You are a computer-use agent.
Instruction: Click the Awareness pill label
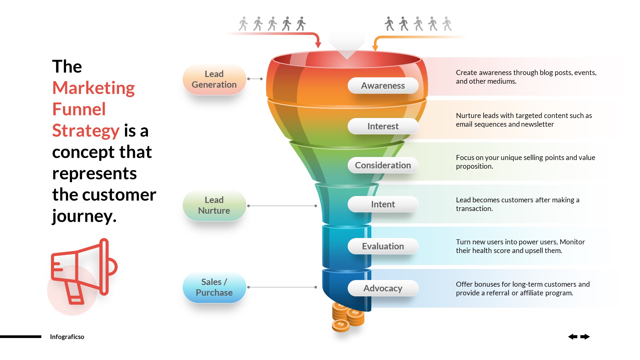(383, 86)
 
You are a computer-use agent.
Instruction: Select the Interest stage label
(383, 126)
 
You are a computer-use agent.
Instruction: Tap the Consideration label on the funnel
(383, 165)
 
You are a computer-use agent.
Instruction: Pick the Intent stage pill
(383, 204)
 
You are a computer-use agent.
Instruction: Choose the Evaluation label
(383, 246)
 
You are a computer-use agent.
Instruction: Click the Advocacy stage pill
(383, 288)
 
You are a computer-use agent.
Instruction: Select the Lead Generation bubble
(214, 79)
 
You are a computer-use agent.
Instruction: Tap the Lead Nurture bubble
(214, 205)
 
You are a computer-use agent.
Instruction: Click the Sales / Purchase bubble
(214, 287)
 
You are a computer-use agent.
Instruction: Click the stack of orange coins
(347, 317)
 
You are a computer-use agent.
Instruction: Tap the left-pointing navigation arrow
(573, 337)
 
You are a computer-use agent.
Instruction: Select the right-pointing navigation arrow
(585, 337)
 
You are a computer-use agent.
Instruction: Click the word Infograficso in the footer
(67, 337)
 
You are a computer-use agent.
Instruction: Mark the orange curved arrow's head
(375, 47)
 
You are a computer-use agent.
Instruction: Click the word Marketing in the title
(93, 88)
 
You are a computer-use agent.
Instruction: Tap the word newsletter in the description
(537, 124)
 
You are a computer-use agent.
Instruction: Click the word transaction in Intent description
(474, 209)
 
